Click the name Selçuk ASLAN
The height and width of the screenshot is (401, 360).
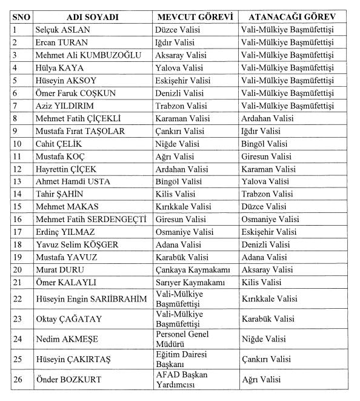pos(61,29)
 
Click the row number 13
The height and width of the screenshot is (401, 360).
pos(17,181)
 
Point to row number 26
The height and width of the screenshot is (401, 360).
pos(17,380)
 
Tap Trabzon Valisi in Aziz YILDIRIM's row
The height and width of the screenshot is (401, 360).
pos(181,106)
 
